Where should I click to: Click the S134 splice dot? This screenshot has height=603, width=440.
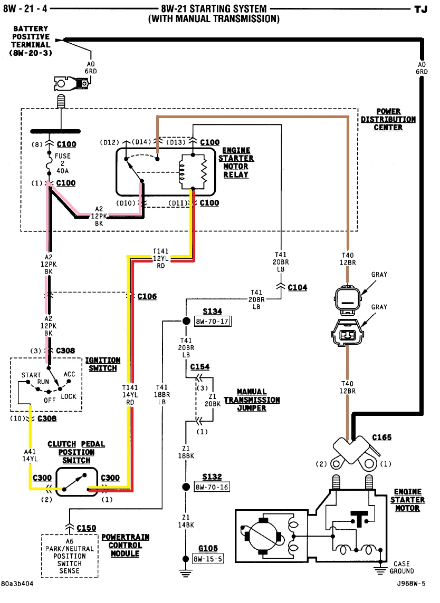[186, 320]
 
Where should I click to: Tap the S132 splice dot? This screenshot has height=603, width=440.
[186, 487]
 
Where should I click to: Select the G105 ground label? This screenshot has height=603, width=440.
[208, 548]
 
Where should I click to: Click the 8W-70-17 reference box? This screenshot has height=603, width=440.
[212, 321]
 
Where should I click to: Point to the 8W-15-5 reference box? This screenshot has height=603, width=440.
[208, 559]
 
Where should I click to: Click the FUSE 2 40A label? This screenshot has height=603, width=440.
[62, 163]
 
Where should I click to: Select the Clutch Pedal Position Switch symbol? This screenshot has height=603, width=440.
[76, 482]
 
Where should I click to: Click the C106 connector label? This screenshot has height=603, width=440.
[147, 297]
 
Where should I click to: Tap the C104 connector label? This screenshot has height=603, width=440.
[298, 287]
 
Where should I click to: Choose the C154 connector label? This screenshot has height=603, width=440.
[200, 367]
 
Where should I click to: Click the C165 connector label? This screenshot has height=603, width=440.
[382, 437]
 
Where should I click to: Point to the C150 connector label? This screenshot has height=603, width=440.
[86, 528]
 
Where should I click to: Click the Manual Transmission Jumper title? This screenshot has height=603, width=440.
[252, 400]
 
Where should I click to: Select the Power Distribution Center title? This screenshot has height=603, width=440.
[388, 119]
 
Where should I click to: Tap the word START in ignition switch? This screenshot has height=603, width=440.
[31, 375]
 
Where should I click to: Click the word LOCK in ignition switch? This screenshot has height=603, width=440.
[69, 396]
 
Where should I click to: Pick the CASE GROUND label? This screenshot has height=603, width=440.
[401, 568]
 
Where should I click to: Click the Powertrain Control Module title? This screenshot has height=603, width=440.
[125, 546]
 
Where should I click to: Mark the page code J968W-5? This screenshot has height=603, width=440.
[411, 583]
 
